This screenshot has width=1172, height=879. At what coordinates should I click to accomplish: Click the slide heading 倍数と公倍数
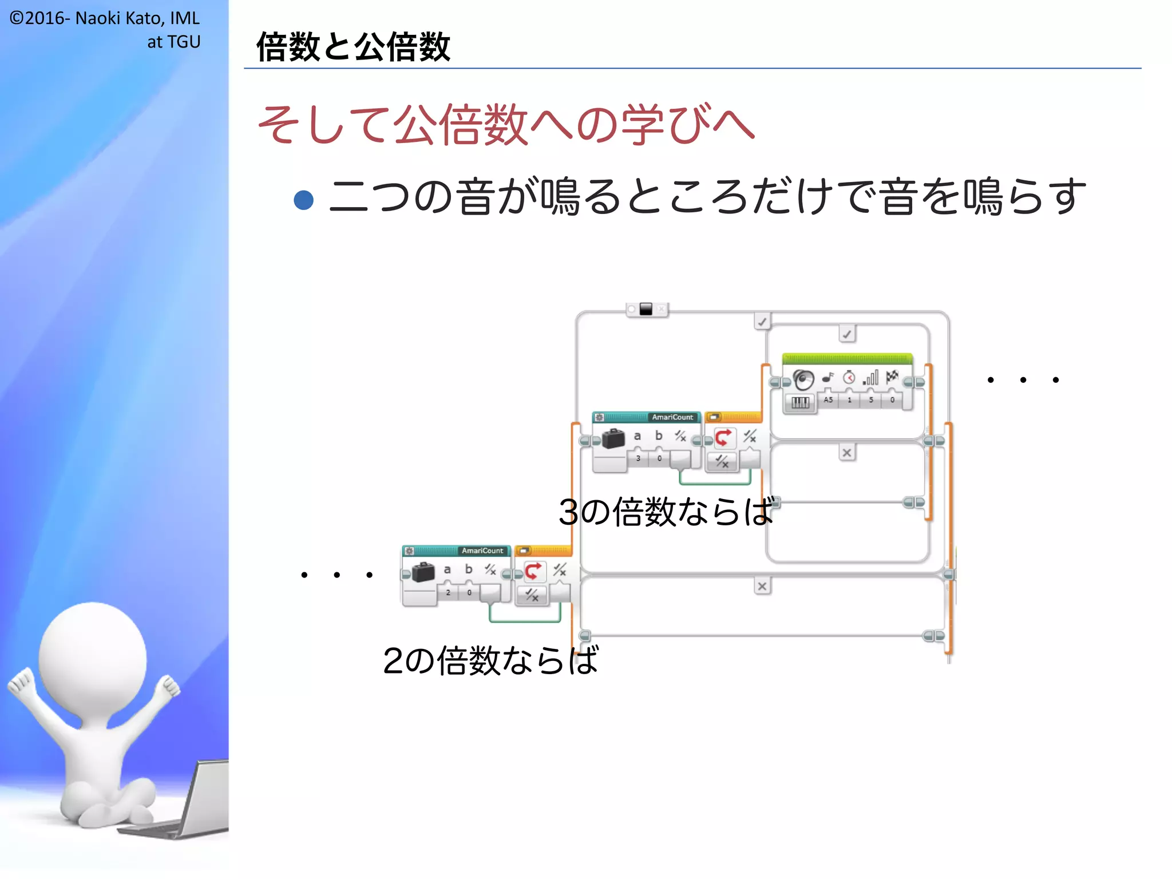tap(353, 47)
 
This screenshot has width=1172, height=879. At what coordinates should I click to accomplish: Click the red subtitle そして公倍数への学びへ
tap(506, 125)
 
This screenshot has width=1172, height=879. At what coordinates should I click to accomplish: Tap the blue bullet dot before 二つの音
tap(303, 200)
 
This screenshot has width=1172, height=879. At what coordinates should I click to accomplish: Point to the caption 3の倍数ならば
tap(666, 512)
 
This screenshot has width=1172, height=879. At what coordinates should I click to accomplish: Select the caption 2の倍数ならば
tap(490, 660)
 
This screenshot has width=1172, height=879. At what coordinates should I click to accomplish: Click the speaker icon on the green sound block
tap(803, 379)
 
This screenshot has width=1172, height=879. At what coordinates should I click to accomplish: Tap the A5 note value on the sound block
tap(828, 400)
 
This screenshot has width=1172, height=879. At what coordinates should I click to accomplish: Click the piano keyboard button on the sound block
tap(800, 402)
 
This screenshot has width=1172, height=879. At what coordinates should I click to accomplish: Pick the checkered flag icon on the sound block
tap(892, 377)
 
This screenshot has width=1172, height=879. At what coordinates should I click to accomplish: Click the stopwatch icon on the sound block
tap(849, 378)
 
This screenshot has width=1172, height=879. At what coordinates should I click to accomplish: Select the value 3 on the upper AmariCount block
tap(638, 458)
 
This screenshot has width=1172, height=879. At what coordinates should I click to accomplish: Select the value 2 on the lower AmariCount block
tap(448, 592)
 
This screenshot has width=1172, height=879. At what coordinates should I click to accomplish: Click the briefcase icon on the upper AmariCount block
tap(613, 439)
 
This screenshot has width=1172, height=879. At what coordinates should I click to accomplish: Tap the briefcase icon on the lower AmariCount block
tap(423, 572)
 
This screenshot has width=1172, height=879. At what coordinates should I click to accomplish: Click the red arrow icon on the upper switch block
tap(723, 438)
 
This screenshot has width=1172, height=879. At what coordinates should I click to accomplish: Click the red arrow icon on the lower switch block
tap(533, 571)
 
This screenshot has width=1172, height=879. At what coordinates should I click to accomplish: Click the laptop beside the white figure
tap(195, 801)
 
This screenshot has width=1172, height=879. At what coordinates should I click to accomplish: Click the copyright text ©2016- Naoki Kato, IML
tap(105, 18)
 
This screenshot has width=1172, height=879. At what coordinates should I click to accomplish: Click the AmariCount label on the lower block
tap(482, 551)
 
